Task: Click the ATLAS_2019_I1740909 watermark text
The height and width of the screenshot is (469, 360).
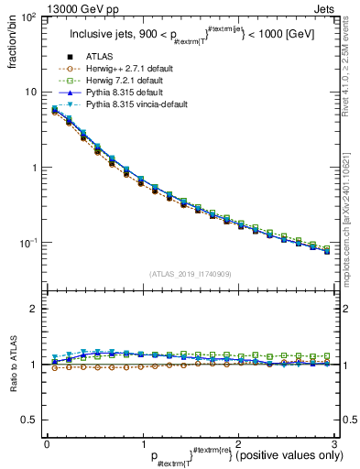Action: pyautogui.click(x=191, y=274)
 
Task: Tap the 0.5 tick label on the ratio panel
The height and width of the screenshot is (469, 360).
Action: pyautogui.click(x=29, y=420)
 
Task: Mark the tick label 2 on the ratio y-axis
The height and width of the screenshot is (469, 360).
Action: pyautogui.click(x=35, y=309)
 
